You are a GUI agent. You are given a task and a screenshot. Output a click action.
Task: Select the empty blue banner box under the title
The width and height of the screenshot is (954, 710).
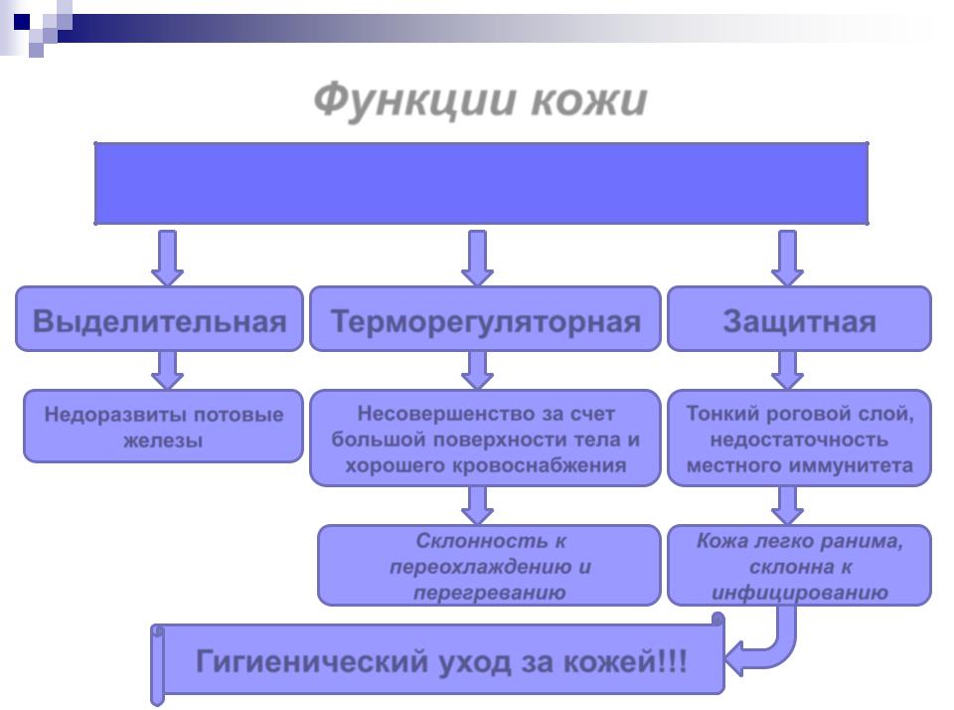tap(481, 183)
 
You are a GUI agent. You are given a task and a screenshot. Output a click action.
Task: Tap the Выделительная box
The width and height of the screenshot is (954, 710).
tap(159, 320)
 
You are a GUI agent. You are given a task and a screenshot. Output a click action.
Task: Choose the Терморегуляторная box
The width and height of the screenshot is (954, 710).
tap(485, 320)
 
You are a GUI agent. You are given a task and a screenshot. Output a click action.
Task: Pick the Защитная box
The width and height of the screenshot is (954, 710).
tap(799, 320)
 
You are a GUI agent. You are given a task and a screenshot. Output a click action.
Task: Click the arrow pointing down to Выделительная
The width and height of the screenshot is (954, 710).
tap(167, 258)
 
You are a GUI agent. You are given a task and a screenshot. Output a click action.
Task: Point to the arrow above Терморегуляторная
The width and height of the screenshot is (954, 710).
tap(477, 258)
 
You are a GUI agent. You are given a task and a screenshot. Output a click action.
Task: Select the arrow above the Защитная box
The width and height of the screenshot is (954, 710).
tap(788, 258)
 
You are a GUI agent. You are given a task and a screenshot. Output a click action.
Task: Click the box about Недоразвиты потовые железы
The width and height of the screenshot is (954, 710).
tap(163, 427)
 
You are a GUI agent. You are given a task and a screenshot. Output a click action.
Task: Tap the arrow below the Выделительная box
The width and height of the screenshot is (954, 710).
tap(167, 369)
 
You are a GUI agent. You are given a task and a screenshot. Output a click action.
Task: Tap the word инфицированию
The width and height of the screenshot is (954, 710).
tap(799, 594)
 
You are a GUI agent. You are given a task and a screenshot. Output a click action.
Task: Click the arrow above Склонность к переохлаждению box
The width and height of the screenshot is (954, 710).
tap(478, 505)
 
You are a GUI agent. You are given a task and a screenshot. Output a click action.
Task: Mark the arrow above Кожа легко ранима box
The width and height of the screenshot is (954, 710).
tap(788, 505)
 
